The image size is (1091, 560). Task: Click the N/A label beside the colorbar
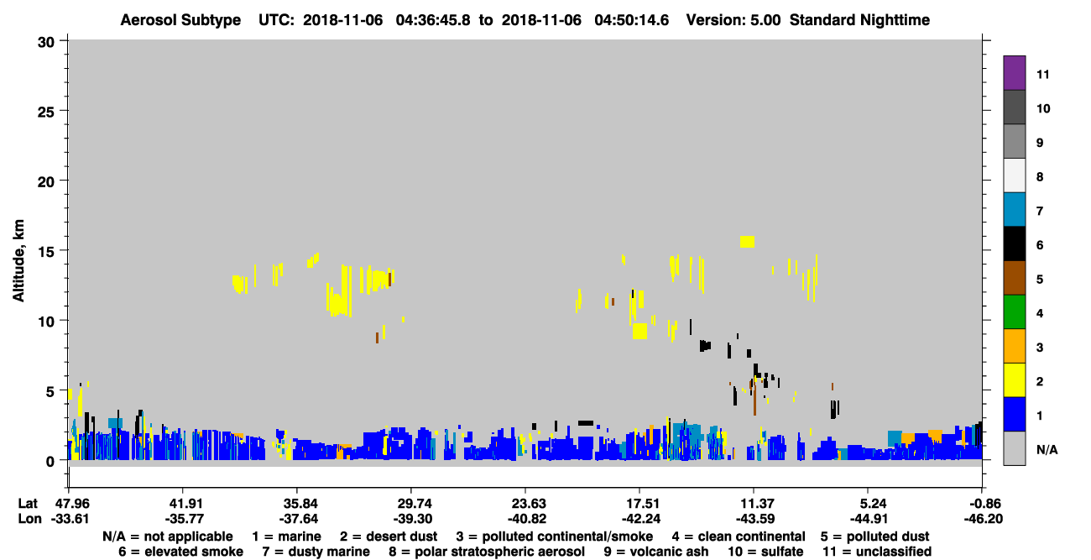[1047, 449]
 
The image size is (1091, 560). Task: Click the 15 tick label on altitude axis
[46, 252]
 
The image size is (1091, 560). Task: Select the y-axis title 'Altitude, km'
[18, 261]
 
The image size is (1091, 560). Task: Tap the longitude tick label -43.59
[755, 519]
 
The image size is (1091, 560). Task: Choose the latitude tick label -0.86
[983, 504]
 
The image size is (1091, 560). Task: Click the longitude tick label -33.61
[70, 519]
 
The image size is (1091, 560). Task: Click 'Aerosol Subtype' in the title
[180, 20]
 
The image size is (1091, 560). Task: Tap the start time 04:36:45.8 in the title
[433, 20]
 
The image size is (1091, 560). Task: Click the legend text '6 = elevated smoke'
[180, 552]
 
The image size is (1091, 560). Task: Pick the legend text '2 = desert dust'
[389, 536]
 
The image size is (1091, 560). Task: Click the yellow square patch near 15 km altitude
[747, 242]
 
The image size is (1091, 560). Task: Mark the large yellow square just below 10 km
[639, 331]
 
